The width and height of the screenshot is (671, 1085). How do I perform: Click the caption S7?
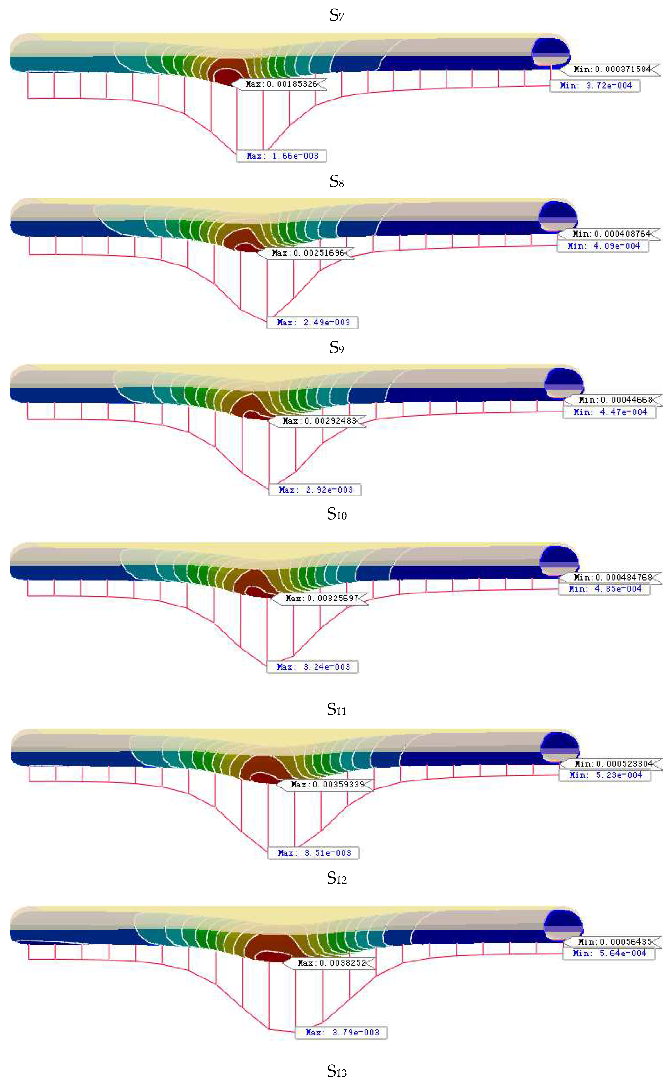pyautogui.click(x=336, y=16)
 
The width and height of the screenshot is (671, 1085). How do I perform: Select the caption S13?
pyautogui.click(x=336, y=1071)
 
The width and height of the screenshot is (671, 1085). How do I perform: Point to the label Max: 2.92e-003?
pyautogui.click(x=315, y=490)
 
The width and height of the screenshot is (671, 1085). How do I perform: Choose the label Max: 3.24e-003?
pyautogui.click(x=312, y=667)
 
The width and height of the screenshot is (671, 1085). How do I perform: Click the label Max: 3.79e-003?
pyautogui.click(x=341, y=1032)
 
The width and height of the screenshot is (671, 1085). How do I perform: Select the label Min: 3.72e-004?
pyautogui.click(x=595, y=86)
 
